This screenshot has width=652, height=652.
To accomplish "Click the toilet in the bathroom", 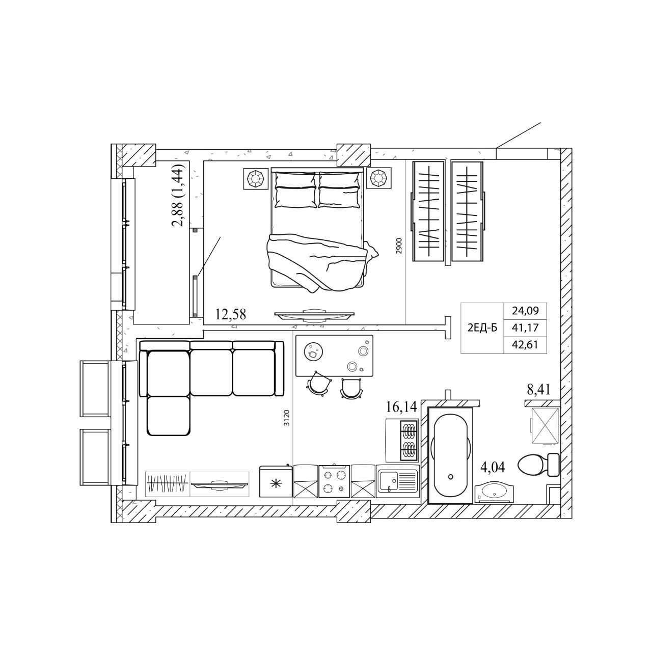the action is (x=538, y=465).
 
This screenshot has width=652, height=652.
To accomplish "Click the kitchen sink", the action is (x=397, y=481).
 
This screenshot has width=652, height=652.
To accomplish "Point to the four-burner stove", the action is (x=334, y=481).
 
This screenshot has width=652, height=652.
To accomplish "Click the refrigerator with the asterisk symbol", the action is (x=276, y=481).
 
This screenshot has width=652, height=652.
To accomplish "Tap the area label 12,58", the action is (x=230, y=314).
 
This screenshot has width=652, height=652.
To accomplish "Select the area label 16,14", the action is (x=401, y=406).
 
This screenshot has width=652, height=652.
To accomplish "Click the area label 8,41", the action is (x=538, y=390).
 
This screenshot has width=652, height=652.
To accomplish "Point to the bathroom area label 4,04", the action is (x=493, y=467).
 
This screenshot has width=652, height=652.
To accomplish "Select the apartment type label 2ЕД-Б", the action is (x=482, y=328).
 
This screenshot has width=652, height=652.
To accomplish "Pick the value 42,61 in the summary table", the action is (x=525, y=344).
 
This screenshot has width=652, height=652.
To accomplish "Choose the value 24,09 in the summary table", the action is (x=525, y=310).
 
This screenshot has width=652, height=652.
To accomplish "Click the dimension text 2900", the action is (x=399, y=247).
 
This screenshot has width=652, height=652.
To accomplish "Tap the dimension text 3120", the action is (x=286, y=418).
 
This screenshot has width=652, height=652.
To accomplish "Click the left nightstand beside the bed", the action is (x=257, y=178).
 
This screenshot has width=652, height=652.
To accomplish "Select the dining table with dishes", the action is (x=334, y=356).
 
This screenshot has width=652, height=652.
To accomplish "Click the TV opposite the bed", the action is (x=314, y=315).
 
